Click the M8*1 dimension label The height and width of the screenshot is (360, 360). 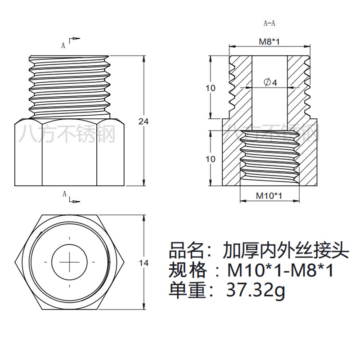[x=269, y=42]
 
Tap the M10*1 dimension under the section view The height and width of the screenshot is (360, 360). [x=269, y=196]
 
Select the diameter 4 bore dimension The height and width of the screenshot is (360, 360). [x=270, y=82]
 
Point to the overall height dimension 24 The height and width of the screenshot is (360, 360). [x=143, y=121]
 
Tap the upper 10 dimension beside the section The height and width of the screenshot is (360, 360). [x=211, y=88]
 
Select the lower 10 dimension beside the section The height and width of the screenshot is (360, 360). [x=211, y=159]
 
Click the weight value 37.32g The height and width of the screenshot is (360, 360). [x=256, y=291]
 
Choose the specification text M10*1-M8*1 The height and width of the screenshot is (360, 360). [x=280, y=270]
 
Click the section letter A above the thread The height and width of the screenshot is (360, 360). [x=63, y=45]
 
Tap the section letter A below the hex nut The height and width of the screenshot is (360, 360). [x=64, y=194]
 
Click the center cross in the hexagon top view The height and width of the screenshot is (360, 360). [x=70, y=261]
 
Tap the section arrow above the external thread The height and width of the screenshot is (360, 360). [x=75, y=39]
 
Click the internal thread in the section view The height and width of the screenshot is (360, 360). [x=269, y=157]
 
